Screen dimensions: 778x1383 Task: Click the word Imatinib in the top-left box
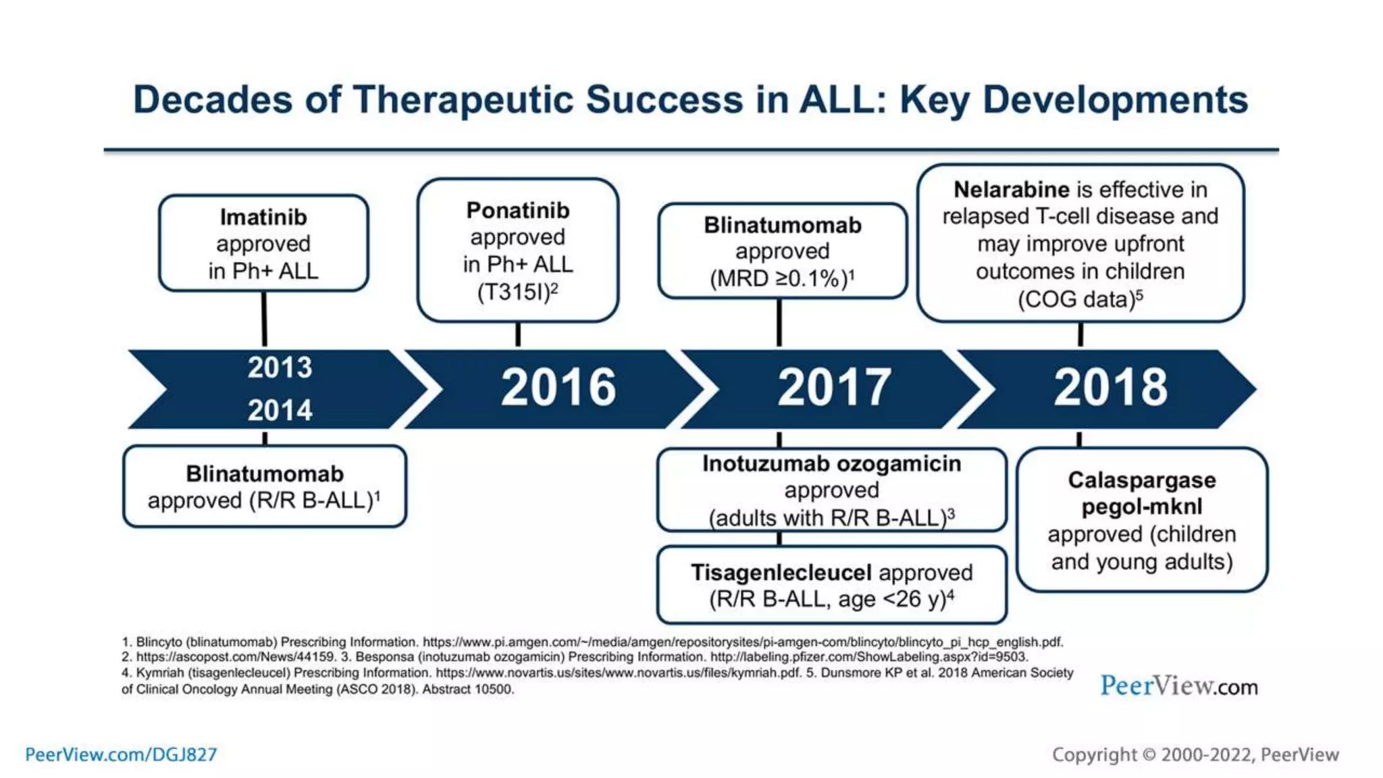coord(263,217)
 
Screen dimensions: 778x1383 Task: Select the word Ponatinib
coord(518,211)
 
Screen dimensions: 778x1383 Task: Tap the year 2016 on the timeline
coord(558,388)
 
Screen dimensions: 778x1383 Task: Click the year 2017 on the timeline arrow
coord(834,388)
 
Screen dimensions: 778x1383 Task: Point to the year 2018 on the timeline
coord(1110,388)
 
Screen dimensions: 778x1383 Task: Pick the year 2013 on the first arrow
coord(280,368)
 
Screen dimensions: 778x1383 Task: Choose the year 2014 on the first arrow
coord(280,411)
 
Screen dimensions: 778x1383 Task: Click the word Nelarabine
coord(1011,190)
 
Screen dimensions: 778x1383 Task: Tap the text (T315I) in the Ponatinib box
coord(515,292)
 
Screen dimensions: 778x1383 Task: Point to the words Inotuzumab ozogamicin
coord(831,464)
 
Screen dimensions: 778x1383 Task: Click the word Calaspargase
coord(1141,480)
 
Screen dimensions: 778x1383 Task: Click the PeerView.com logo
coord(1178,686)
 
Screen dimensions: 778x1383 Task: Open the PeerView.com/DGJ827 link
coord(121,754)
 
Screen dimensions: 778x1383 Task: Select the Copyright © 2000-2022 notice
coord(1195,754)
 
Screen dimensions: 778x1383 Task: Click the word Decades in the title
coord(213,100)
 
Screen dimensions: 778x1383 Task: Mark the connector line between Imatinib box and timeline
coord(264,319)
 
